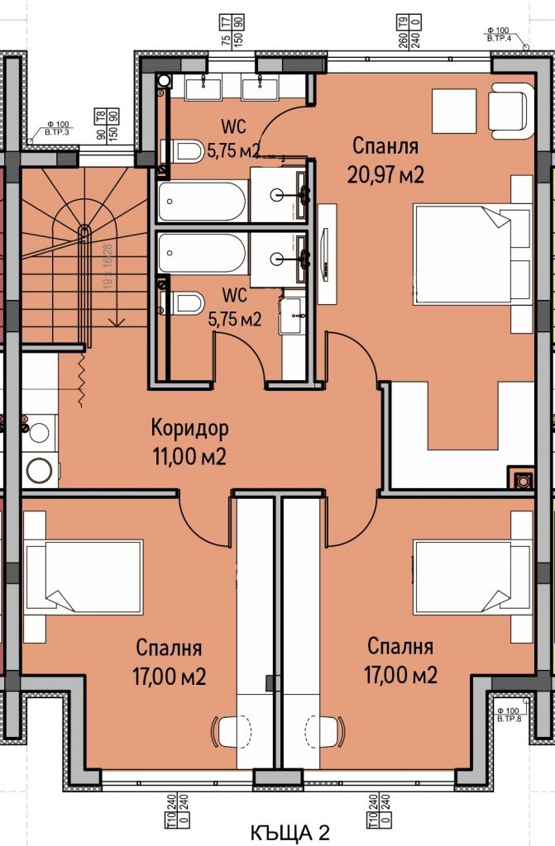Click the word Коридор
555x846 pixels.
(189, 429)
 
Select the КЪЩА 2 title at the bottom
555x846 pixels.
(290, 833)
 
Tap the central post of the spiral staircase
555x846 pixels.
(83, 231)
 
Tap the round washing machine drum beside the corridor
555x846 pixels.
(38, 470)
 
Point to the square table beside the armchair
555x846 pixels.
(453, 111)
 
